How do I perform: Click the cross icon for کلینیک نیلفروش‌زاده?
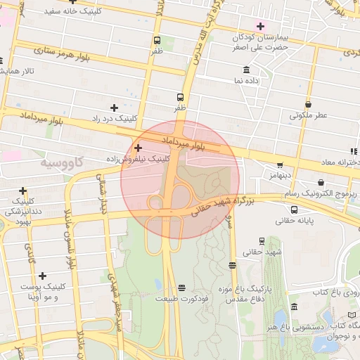pos(138,148)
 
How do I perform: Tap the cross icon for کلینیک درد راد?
pos(114,108)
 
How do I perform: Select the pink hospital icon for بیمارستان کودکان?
pos(261,25)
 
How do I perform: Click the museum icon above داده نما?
pos(245,70)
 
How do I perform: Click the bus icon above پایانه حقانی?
pos(294,209)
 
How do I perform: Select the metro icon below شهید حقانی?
pos(233,265)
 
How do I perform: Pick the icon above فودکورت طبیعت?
pos(182,288)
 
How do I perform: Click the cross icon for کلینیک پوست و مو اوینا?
pos(43,276)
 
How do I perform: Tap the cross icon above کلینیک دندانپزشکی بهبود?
pos(23,190)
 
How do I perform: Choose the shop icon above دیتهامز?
pos(280,165)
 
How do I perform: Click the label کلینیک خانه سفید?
pos(72,11)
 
